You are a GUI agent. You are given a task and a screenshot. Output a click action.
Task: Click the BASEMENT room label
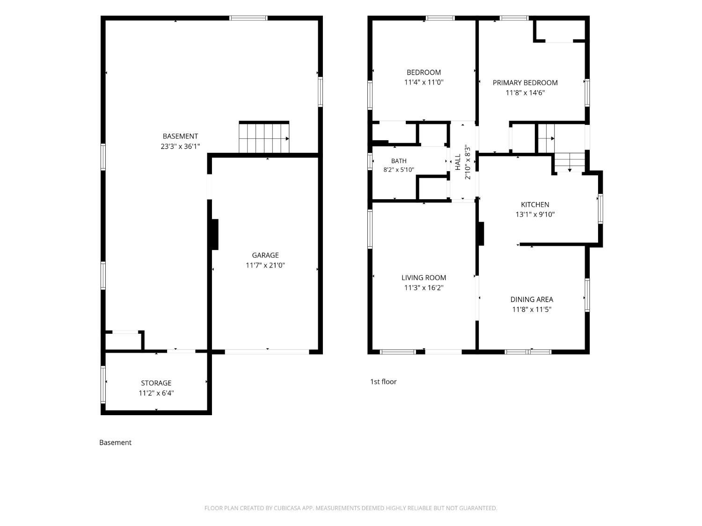180,137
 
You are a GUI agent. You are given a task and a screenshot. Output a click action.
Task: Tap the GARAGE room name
265,255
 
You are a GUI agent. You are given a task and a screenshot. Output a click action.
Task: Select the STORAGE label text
156,383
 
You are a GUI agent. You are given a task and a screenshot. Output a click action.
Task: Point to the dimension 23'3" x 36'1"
180,146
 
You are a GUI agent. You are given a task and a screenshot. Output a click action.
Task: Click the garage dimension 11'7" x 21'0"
265,265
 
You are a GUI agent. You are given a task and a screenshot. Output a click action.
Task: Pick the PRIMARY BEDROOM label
525,83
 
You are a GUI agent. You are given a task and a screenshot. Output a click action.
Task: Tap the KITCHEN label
535,204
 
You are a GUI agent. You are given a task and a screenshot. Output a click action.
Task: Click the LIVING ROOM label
424,278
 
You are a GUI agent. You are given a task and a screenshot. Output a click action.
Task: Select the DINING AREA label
532,299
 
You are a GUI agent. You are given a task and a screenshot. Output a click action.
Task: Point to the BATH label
398,161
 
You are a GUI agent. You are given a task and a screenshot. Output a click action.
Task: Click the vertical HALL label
458,162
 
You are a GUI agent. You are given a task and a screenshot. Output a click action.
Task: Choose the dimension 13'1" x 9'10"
535,214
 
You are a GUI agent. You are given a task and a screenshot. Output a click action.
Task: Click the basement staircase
264,137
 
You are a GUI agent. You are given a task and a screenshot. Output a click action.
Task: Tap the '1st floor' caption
383,382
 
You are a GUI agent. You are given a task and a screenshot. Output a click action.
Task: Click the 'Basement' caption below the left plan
115,442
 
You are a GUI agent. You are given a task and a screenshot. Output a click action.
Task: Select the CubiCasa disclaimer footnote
351,508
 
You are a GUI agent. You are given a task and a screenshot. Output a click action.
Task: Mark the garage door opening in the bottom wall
267,352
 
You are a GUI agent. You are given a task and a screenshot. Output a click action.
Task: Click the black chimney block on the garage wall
215,234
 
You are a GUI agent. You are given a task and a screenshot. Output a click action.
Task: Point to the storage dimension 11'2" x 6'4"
156,393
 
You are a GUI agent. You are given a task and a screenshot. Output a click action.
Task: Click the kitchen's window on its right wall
600,209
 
